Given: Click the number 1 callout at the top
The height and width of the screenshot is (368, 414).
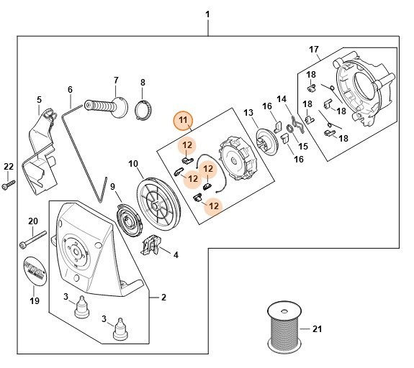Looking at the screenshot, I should (x=208, y=14).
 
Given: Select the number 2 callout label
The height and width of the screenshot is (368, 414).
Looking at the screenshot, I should (x=163, y=297).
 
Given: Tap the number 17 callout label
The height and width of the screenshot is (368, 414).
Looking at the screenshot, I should (x=314, y=49).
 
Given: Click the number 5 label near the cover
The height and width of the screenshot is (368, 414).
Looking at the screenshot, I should (x=39, y=99).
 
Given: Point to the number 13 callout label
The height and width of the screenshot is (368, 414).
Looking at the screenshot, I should (x=248, y=112).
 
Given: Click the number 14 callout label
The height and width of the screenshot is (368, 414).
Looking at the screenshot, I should (x=282, y=98).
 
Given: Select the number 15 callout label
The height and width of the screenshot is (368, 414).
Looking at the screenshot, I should (x=302, y=146).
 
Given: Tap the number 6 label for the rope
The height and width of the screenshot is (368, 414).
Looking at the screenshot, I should (x=70, y=90).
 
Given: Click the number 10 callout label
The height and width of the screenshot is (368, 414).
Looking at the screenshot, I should (x=133, y=164).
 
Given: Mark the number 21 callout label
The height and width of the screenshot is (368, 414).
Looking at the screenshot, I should (x=316, y=329).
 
